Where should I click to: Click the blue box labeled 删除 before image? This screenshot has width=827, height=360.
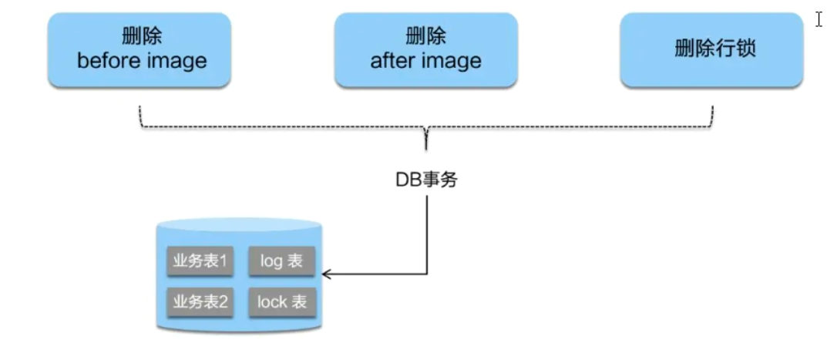coord(140,49)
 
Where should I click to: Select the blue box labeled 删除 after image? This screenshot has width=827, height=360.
coord(425,49)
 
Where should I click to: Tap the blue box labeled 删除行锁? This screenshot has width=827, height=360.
coord(711,49)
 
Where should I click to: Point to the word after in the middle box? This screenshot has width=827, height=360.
coord(390,61)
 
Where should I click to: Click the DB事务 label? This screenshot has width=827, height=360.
coord(426,180)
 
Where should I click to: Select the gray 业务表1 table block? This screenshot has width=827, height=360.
coord(200,261)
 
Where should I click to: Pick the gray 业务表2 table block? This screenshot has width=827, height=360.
coord(200,301)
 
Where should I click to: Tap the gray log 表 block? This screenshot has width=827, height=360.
coord(281,261)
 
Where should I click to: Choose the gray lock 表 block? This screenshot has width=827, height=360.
coord(281,301)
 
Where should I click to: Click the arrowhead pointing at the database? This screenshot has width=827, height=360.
coord(326,274)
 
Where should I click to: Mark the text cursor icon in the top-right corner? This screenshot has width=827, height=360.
coord(819,19)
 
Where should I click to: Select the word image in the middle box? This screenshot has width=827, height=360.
coord(455,61)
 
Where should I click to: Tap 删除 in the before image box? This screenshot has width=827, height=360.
coord(142,37)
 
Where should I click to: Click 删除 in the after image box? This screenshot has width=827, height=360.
coord(425,37)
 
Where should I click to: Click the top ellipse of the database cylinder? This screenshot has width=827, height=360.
coord(238,226)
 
